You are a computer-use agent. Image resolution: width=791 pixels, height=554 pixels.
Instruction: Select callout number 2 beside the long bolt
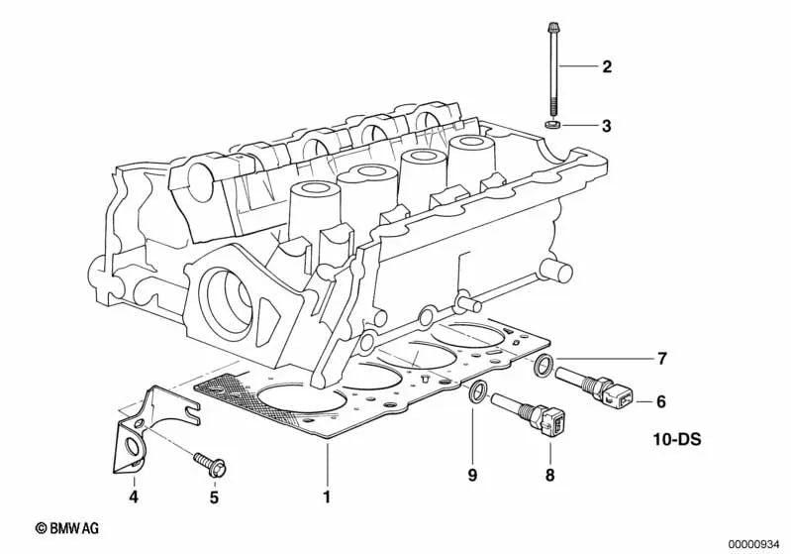pos(607,67)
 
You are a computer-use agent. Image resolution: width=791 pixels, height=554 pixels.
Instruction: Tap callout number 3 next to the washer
pos(607,126)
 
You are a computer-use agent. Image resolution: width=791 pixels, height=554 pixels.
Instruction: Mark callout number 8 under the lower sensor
pos(549,476)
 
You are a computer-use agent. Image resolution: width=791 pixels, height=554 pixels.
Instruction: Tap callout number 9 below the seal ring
pos(473,476)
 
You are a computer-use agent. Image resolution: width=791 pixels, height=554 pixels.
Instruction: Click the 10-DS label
pos(676,437)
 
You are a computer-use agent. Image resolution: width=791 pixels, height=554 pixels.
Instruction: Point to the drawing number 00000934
pos(755,541)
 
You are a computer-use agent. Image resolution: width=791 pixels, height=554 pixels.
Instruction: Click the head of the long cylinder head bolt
pos(551,26)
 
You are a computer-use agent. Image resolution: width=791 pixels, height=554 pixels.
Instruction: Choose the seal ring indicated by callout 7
pos(544,369)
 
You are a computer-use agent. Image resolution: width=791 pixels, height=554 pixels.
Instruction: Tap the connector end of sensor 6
pos(617,396)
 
